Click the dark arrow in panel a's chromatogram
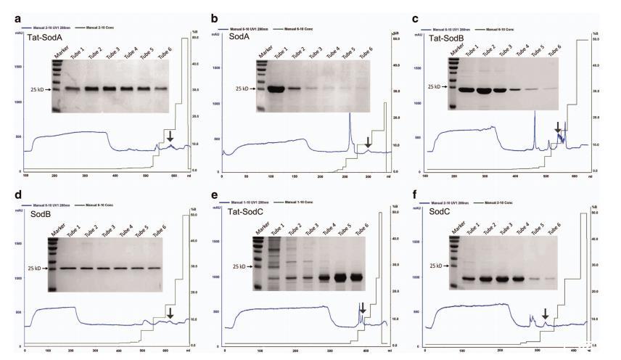[170, 135]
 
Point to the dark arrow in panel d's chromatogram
[170, 312]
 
